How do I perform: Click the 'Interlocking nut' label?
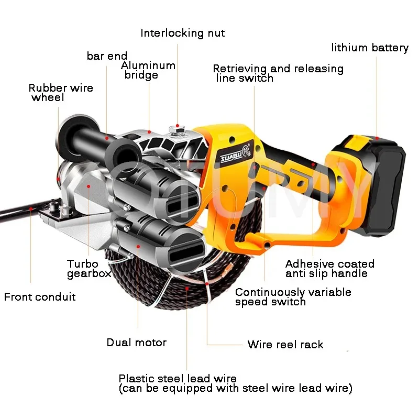pos(182,33)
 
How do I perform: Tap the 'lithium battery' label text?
pos(370,48)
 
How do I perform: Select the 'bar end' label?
pos(107,56)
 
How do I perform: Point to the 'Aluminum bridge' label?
pos(148,70)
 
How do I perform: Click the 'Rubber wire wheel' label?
pos(61,93)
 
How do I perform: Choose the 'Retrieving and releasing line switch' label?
pos(278,73)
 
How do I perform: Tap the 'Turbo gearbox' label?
pos(89,269)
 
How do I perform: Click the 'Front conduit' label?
pos(40,297)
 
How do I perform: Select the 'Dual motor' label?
pos(137,343)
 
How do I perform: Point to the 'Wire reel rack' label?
pos(285,344)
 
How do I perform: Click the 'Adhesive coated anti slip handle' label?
pos(330,269)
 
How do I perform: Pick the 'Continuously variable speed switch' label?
pos(293,297)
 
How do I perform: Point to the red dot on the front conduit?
pos(31,208)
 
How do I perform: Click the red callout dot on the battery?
pos(377,138)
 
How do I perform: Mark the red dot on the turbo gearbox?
pos(89,186)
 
